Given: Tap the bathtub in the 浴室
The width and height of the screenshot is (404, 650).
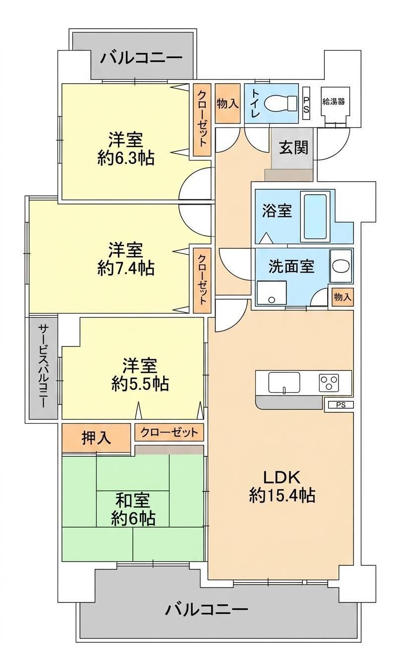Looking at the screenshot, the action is click(315, 217).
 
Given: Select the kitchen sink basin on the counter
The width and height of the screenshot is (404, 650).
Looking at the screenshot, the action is click(284, 382).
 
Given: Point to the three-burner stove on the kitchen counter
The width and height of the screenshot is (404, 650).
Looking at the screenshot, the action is click(329, 382).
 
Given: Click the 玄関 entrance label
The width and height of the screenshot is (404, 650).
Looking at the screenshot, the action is click(293, 148).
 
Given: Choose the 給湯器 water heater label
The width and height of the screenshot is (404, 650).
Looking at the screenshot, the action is click(334, 102).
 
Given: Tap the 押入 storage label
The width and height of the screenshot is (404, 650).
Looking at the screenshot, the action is click(96, 438).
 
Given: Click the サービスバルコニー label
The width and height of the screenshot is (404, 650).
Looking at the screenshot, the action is click(43, 367).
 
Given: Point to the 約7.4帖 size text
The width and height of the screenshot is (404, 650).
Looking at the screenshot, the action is click(126, 268).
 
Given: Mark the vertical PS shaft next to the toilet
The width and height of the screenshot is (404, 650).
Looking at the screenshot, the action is click(307, 104).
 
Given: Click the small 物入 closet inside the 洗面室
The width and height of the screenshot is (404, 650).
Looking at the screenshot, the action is click(343, 297).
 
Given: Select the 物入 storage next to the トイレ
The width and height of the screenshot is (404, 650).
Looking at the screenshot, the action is click(228, 103).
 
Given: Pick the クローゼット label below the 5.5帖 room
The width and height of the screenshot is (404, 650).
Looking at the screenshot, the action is click(169, 433).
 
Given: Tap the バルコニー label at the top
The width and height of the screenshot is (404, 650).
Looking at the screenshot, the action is click(141, 58).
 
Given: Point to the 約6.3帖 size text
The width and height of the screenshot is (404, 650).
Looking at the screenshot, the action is click(126, 158).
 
